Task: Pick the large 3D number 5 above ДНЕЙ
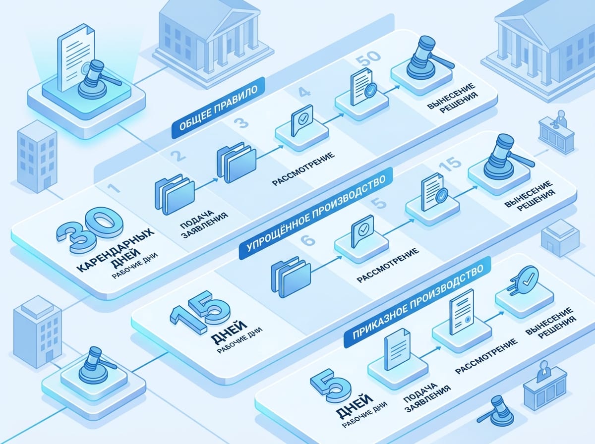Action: click(x=331, y=385)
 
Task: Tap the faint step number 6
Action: click(x=307, y=240)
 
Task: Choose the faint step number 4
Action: click(x=304, y=93)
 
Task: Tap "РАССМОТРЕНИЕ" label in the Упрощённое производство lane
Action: click(x=388, y=265)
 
